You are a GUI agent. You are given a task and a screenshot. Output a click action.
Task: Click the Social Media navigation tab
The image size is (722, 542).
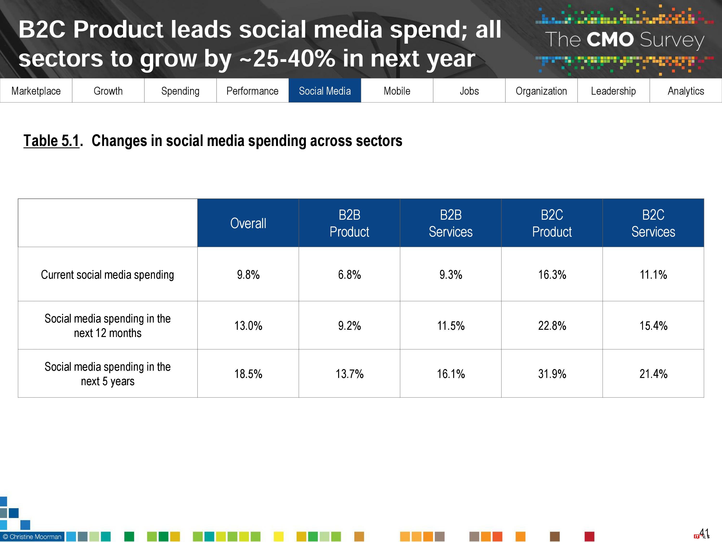tap(324, 91)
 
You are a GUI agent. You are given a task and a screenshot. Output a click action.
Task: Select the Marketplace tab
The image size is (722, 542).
tap(36, 91)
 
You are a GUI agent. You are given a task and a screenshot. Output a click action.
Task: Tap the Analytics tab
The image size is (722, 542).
tap(685, 91)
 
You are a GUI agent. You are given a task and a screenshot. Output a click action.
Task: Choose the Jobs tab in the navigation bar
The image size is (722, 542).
tap(469, 91)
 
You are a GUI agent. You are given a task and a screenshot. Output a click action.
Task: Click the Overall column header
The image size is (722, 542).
tap(248, 223)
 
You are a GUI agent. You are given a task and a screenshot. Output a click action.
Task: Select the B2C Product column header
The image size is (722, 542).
tap(552, 223)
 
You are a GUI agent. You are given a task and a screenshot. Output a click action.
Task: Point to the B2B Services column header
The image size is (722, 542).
tap(451, 223)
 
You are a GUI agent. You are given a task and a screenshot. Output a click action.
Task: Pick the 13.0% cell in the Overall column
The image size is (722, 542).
tap(248, 326)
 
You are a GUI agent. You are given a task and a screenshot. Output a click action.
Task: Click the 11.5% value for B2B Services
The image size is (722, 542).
tap(451, 326)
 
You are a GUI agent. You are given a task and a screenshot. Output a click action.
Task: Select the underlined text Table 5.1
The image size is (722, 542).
tap(52, 141)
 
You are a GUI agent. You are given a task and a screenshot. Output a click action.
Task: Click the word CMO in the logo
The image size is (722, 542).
tap(610, 40)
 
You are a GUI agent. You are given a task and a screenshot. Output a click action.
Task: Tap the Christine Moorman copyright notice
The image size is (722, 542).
tap(32, 536)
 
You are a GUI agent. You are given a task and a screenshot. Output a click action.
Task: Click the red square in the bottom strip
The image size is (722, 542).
tap(589, 536)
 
